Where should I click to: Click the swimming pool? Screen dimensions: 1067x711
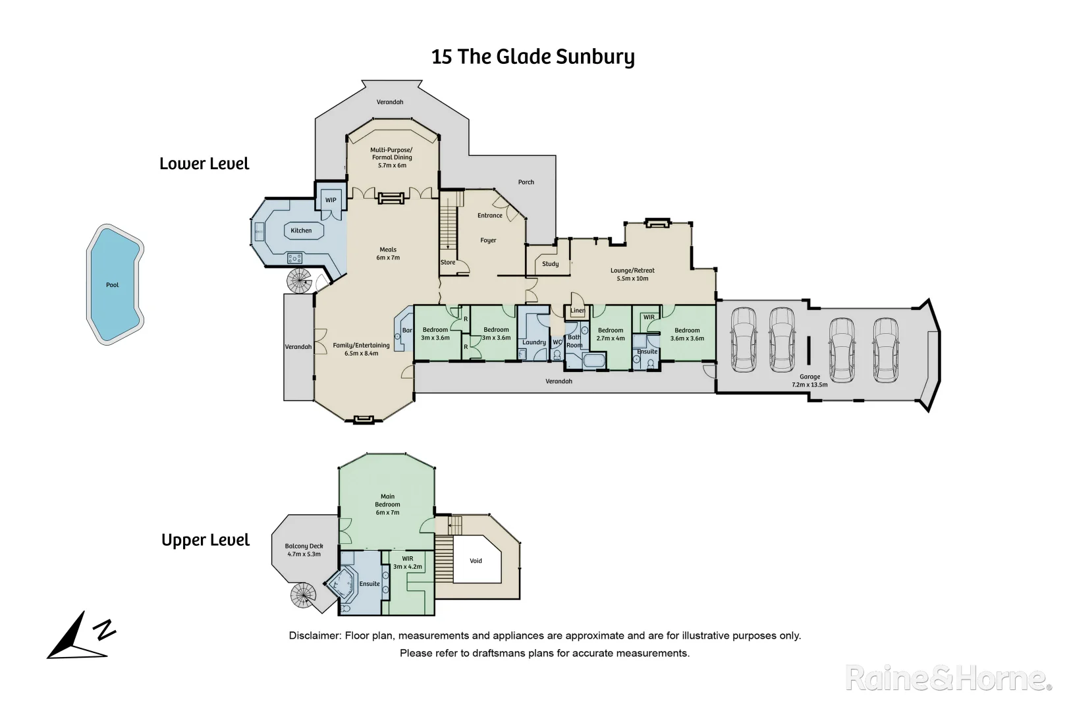(115, 284)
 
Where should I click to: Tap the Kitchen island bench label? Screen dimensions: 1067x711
(301, 230)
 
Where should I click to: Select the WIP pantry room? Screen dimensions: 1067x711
(331, 200)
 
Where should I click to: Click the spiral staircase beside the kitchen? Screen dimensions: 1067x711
(299, 281)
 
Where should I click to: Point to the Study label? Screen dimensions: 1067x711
(550, 264)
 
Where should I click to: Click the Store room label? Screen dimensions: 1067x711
(448, 263)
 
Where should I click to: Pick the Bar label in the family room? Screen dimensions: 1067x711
(407, 330)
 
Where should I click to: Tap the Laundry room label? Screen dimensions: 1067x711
(534, 342)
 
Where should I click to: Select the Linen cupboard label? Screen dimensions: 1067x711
(578, 311)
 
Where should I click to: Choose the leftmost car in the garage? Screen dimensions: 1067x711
(744, 339)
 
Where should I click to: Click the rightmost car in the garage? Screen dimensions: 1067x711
(885, 350)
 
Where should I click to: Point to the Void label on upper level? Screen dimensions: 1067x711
(476, 560)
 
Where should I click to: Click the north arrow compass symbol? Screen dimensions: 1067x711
(81, 636)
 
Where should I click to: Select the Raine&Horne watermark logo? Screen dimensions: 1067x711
(949, 678)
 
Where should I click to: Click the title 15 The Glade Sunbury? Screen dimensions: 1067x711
(533, 56)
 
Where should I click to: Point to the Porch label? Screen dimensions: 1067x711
(526, 182)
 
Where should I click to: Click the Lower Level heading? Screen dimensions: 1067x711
(204, 163)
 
